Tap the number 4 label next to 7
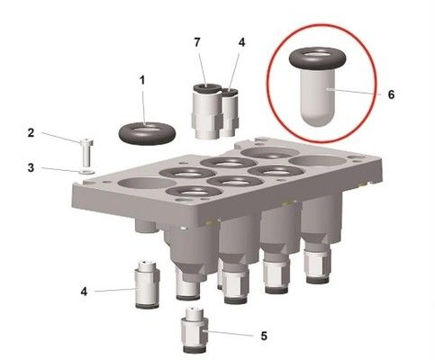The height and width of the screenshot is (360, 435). (x=240, y=41)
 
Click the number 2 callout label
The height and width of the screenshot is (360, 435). (x=31, y=133)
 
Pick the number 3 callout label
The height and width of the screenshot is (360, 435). (x=31, y=166)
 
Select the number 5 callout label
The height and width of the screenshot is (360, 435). (x=264, y=336)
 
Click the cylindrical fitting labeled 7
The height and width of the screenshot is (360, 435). (x=206, y=108)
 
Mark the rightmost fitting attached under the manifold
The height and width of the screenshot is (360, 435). (x=318, y=260)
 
